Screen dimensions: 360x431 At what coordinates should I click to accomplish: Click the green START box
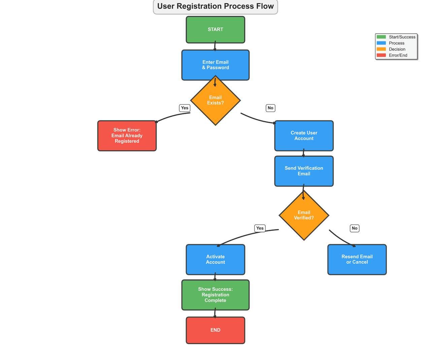[x=215, y=30]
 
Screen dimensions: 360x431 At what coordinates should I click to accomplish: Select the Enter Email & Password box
[x=215, y=65]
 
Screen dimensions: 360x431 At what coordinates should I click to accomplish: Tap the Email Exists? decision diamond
[x=215, y=100]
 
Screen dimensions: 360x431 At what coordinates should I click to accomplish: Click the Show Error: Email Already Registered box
[x=127, y=136]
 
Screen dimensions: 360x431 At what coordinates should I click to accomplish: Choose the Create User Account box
[x=304, y=136]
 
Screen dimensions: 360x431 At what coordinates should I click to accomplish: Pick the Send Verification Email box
[x=304, y=171]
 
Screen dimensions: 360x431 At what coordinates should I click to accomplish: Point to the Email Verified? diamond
[x=304, y=215]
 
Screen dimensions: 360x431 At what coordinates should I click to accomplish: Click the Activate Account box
[x=215, y=259]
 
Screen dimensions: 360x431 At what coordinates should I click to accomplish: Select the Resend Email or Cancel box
[x=357, y=259]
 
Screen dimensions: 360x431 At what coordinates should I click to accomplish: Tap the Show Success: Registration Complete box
[x=215, y=295]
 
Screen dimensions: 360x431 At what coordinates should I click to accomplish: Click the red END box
[x=215, y=330]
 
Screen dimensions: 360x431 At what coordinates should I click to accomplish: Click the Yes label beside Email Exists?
[x=185, y=108]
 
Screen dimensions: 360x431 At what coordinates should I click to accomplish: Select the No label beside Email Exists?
[x=270, y=108]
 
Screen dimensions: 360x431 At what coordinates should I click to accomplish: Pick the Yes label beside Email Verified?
[x=260, y=228]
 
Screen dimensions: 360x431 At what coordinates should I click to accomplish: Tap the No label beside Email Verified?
[x=354, y=228]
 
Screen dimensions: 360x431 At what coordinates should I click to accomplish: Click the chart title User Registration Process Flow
[x=215, y=6]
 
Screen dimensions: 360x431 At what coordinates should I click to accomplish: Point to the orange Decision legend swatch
[x=381, y=49]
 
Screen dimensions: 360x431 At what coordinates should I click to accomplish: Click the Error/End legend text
[x=398, y=55]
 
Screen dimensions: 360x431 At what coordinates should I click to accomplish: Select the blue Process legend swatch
[x=381, y=43]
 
